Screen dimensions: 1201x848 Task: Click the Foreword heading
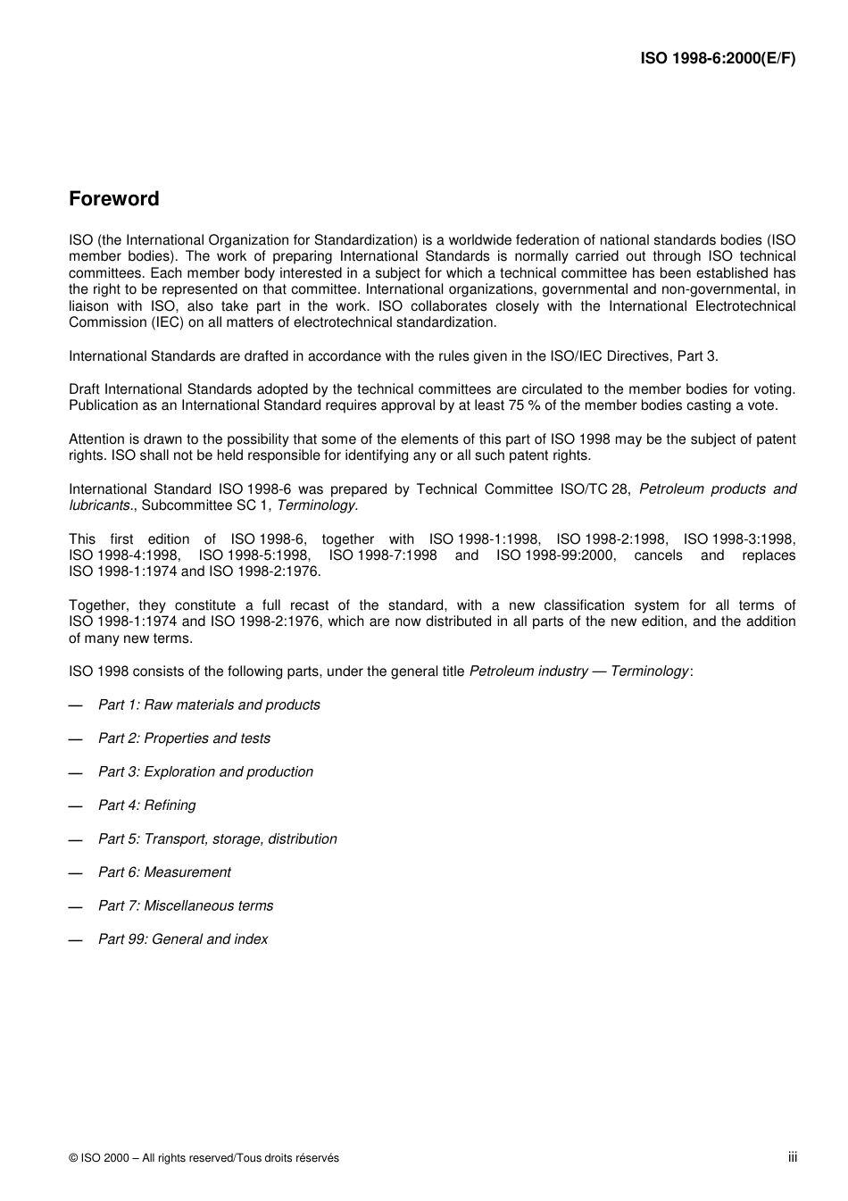click(114, 199)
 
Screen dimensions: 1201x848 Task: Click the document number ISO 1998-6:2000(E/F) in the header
click(718, 59)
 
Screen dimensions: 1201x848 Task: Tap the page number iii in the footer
click(792, 1157)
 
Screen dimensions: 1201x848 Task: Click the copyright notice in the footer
click(204, 1158)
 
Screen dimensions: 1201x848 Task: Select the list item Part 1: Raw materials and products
click(209, 705)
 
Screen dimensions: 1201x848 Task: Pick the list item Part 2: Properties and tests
click(184, 738)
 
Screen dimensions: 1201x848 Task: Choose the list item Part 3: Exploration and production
click(205, 771)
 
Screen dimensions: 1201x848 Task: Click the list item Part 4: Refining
click(146, 805)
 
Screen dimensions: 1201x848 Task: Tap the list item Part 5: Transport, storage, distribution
click(217, 838)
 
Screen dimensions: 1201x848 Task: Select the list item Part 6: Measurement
click(164, 872)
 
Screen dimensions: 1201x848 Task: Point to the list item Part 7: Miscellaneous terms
click(186, 905)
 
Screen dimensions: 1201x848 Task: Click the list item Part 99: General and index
click(183, 939)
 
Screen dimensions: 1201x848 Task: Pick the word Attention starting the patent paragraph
click(97, 438)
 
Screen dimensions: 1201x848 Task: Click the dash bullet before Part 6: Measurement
click(76, 873)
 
